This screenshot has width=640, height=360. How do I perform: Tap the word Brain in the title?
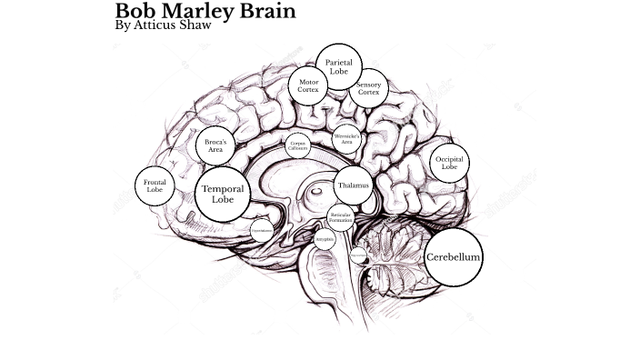pos(267,11)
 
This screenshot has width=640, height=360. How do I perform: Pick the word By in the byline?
pos(124,26)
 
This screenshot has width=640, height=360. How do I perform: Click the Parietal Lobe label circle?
pos(339,66)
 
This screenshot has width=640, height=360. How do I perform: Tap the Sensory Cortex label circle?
pos(369,88)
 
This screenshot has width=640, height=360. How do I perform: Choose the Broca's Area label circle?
pos(215,145)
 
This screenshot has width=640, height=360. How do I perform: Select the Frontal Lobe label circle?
pos(155,185)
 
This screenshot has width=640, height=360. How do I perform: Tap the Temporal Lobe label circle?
pos(223,194)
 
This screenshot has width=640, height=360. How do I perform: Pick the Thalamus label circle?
pos(354,185)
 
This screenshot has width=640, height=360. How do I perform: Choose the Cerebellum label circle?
pos(453,257)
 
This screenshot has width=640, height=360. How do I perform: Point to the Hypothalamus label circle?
pos(261,231)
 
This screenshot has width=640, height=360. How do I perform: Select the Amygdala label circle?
pos(325,239)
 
